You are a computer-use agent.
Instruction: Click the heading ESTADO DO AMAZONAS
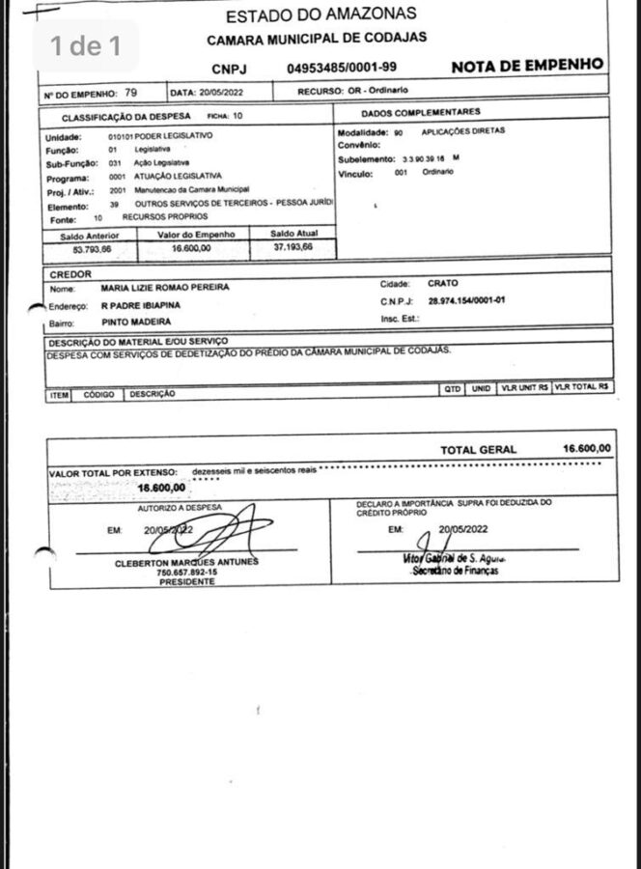320,14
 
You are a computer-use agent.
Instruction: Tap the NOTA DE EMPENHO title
527,66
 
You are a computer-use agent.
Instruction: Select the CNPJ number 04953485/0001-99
341,68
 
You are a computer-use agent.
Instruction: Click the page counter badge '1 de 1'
86,45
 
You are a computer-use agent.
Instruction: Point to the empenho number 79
130,93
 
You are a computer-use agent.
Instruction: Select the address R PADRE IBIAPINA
140,304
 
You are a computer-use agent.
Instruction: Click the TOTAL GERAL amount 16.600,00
586,449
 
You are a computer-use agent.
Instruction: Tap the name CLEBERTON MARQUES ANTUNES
186,563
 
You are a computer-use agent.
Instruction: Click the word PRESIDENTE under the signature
186,582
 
